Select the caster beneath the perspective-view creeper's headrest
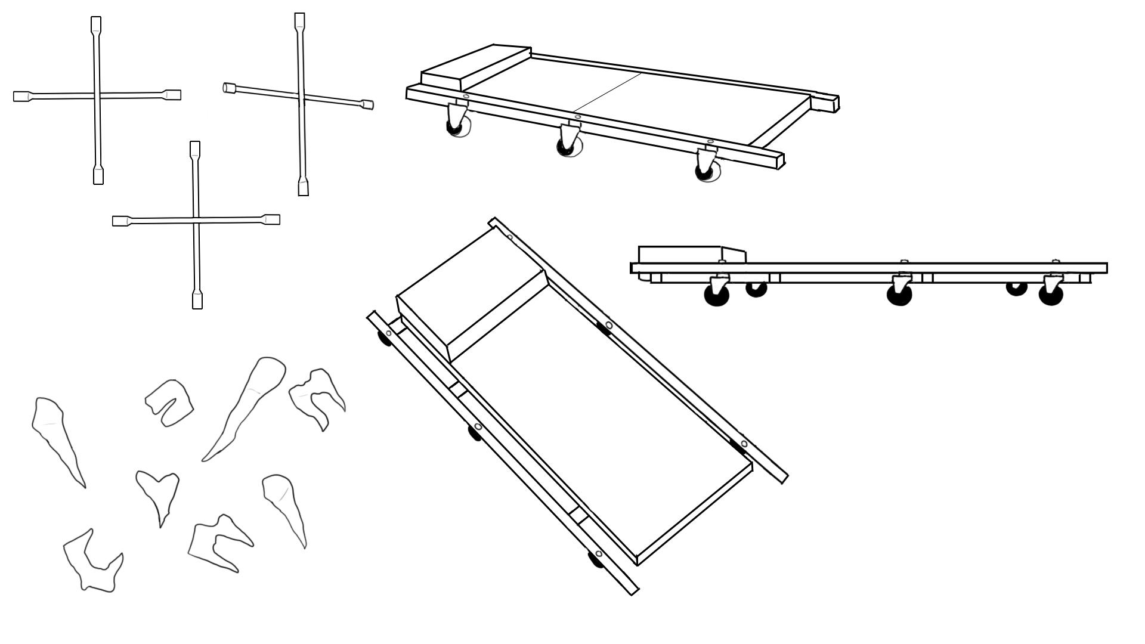457,122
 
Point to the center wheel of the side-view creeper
899,292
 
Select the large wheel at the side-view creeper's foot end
1051,293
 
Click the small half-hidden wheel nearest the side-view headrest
756,289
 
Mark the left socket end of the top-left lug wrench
21,96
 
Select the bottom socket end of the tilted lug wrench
303,187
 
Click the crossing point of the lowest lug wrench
196,221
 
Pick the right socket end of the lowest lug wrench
272,219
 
